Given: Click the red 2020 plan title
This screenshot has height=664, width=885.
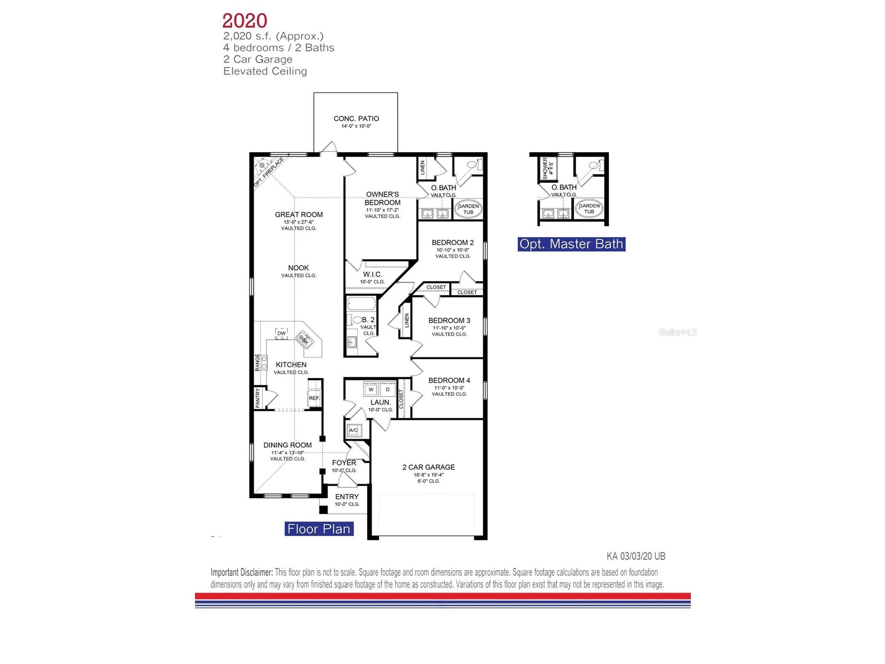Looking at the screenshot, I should [244, 21].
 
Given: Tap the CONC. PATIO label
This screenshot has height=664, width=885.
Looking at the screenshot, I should [356, 119].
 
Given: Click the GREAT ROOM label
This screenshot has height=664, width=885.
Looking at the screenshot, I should [299, 214].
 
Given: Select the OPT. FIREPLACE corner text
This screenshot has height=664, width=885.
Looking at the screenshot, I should [269, 172].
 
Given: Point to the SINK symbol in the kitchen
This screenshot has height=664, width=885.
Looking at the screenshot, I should [304, 340].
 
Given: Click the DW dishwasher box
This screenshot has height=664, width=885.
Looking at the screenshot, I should [281, 333].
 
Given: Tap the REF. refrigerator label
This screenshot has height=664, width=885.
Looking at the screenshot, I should [314, 398].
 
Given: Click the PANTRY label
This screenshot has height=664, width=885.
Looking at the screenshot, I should [258, 398].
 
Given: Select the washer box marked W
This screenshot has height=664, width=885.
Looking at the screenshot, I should [371, 389].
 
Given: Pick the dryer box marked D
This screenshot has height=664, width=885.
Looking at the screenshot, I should [388, 389].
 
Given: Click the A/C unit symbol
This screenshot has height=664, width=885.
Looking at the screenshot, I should [353, 430].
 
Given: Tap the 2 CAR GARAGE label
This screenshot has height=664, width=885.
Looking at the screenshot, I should [428, 467].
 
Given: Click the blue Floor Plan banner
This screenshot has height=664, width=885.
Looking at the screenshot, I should [318, 529].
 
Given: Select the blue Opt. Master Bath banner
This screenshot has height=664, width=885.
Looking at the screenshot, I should [571, 244].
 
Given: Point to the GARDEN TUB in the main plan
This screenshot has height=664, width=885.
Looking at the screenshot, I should [468, 209].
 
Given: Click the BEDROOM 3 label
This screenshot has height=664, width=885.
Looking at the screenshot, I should [449, 320].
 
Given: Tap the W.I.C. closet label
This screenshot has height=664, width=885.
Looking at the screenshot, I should [372, 274].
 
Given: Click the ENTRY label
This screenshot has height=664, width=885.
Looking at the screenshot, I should [347, 497].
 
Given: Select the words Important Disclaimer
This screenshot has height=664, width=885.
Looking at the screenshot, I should [242, 572].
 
